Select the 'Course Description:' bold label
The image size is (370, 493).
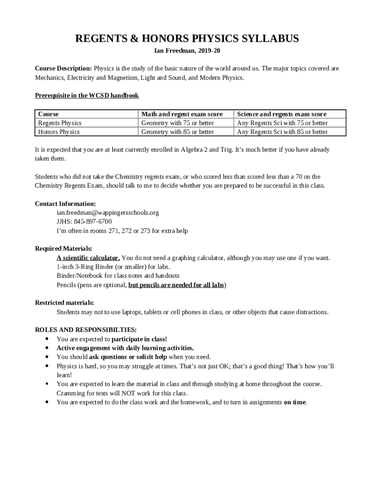click(63, 68)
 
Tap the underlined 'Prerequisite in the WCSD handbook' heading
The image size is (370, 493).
click(87, 95)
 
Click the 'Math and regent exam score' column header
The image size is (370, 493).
click(182, 114)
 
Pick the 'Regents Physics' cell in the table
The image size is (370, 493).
click(60, 123)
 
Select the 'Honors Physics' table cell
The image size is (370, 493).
click(59, 131)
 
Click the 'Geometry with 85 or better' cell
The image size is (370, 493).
click(178, 131)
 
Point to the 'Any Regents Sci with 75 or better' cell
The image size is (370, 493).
click(283, 123)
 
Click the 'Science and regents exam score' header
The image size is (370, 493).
click(282, 114)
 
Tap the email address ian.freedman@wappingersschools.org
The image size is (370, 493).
click(108, 212)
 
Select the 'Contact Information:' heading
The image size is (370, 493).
click(65, 204)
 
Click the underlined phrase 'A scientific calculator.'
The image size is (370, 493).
click(88, 258)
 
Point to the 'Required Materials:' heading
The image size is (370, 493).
click(63, 248)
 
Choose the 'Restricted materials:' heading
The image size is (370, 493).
click(64, 303)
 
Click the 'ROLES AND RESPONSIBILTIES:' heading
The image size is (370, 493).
click(86, 330)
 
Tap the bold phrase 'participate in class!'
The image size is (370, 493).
click(139, 339)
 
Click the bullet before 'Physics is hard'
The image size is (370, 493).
click(46, 366)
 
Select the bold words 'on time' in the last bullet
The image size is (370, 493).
click(294, 402)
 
